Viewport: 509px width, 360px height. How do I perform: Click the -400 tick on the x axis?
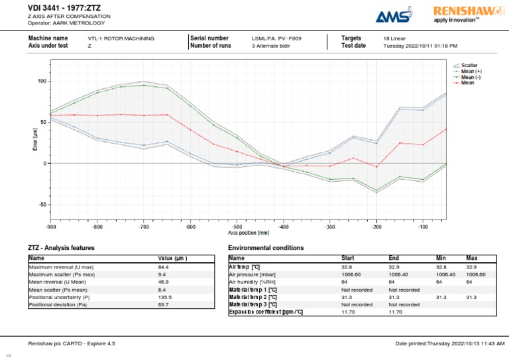click(284, 227)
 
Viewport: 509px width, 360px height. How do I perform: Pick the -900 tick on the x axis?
click(51, 227)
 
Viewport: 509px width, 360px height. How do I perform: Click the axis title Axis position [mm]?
click(249, 233)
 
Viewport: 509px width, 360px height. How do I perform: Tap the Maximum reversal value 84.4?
click(163, 267)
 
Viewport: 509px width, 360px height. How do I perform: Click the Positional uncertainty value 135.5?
click(164, 297)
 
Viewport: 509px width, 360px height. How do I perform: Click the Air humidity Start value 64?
click(345, 282)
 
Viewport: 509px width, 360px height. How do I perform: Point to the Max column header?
click(471, 259)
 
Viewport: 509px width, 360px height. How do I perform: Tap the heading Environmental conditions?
click(266, 248)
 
